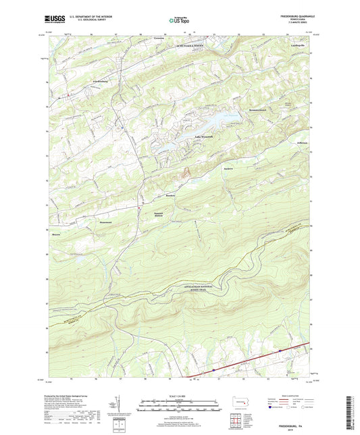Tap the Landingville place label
pos(299,46)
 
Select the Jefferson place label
pos(301,143)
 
